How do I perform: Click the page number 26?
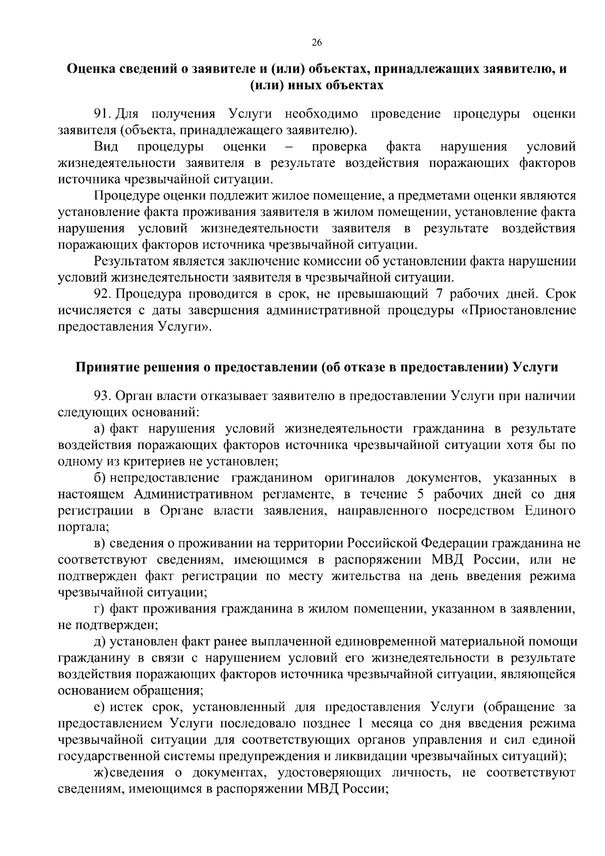[x=317, y=42]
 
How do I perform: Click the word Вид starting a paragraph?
[x=106, y=147]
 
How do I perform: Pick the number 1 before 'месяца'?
[x=360, y=723]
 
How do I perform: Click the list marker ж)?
[x=101, y=773]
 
